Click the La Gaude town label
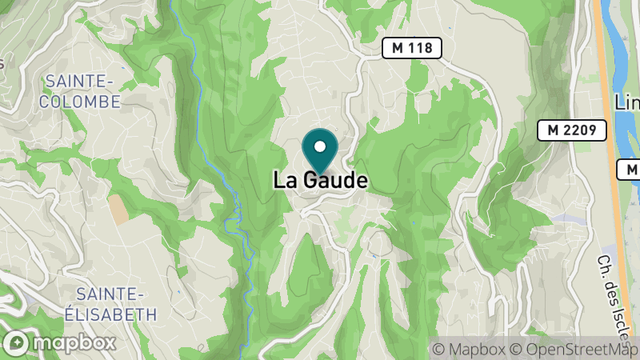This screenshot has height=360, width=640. pyautogui.click(x=320, y=180)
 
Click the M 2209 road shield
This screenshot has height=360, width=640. pyautogui.click(x=571, y=130)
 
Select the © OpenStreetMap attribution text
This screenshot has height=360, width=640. pyautogui.click(x=576, y=350)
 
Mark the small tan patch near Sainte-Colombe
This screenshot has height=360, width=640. pyautogui.click(x=118, y=210)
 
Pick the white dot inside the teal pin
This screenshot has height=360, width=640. pyautogui.click(x=320, y=146)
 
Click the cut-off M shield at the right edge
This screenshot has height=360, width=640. pyautogui.click(x=630, y=170)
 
